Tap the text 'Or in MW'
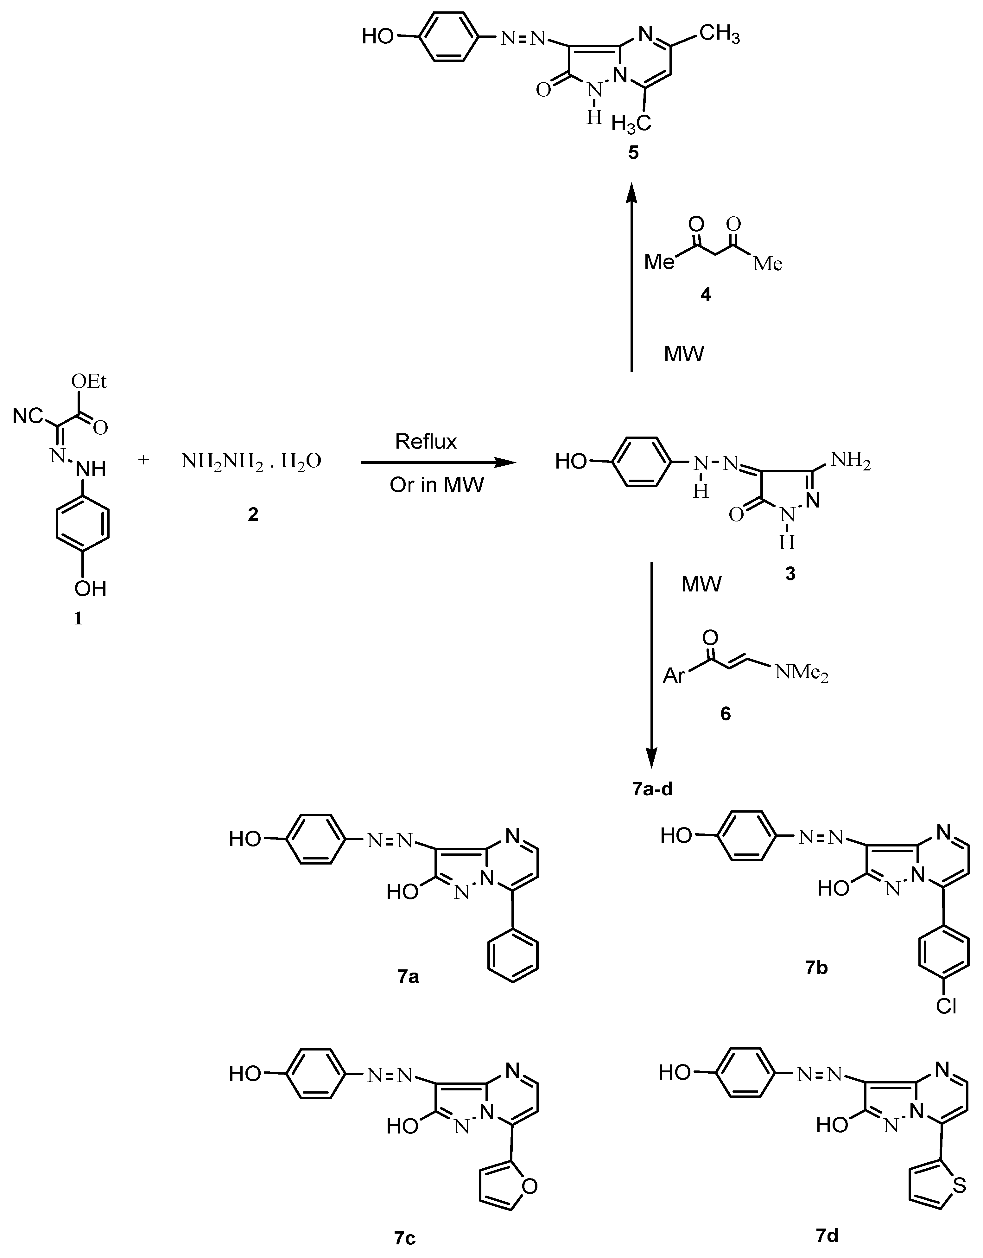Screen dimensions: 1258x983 pos(436,485)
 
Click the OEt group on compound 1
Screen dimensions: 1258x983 pos(89,381)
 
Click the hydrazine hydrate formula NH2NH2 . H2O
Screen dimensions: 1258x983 pos(251,461)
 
